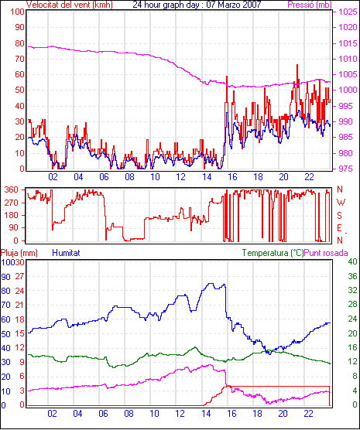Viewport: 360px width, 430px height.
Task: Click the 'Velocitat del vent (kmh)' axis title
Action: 70,5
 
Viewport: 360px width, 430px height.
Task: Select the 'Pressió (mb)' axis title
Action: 310,5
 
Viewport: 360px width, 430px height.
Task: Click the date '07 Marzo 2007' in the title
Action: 234,5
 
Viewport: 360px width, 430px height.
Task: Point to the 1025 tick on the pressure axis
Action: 347,12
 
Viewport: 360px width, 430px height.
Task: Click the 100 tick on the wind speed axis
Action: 17,12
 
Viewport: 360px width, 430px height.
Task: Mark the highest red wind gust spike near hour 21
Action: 297,65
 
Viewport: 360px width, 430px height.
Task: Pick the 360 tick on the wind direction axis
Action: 12,189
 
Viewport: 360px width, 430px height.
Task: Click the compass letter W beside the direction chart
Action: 341,203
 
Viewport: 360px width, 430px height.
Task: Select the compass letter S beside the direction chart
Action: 339,216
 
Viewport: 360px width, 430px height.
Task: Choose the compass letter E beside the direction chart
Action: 339,228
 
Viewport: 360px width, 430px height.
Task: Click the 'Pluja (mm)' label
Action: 19,253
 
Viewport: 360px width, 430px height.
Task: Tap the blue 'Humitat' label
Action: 66,253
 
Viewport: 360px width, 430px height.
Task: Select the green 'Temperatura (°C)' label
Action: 273,253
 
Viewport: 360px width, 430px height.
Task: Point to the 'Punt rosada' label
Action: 326,253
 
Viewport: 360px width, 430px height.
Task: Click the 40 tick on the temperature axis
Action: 352,261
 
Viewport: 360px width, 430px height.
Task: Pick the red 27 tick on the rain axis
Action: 20,276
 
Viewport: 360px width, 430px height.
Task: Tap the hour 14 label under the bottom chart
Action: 206,413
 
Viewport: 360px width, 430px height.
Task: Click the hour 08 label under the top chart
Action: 129,177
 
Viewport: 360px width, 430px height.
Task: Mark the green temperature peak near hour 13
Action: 195,347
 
